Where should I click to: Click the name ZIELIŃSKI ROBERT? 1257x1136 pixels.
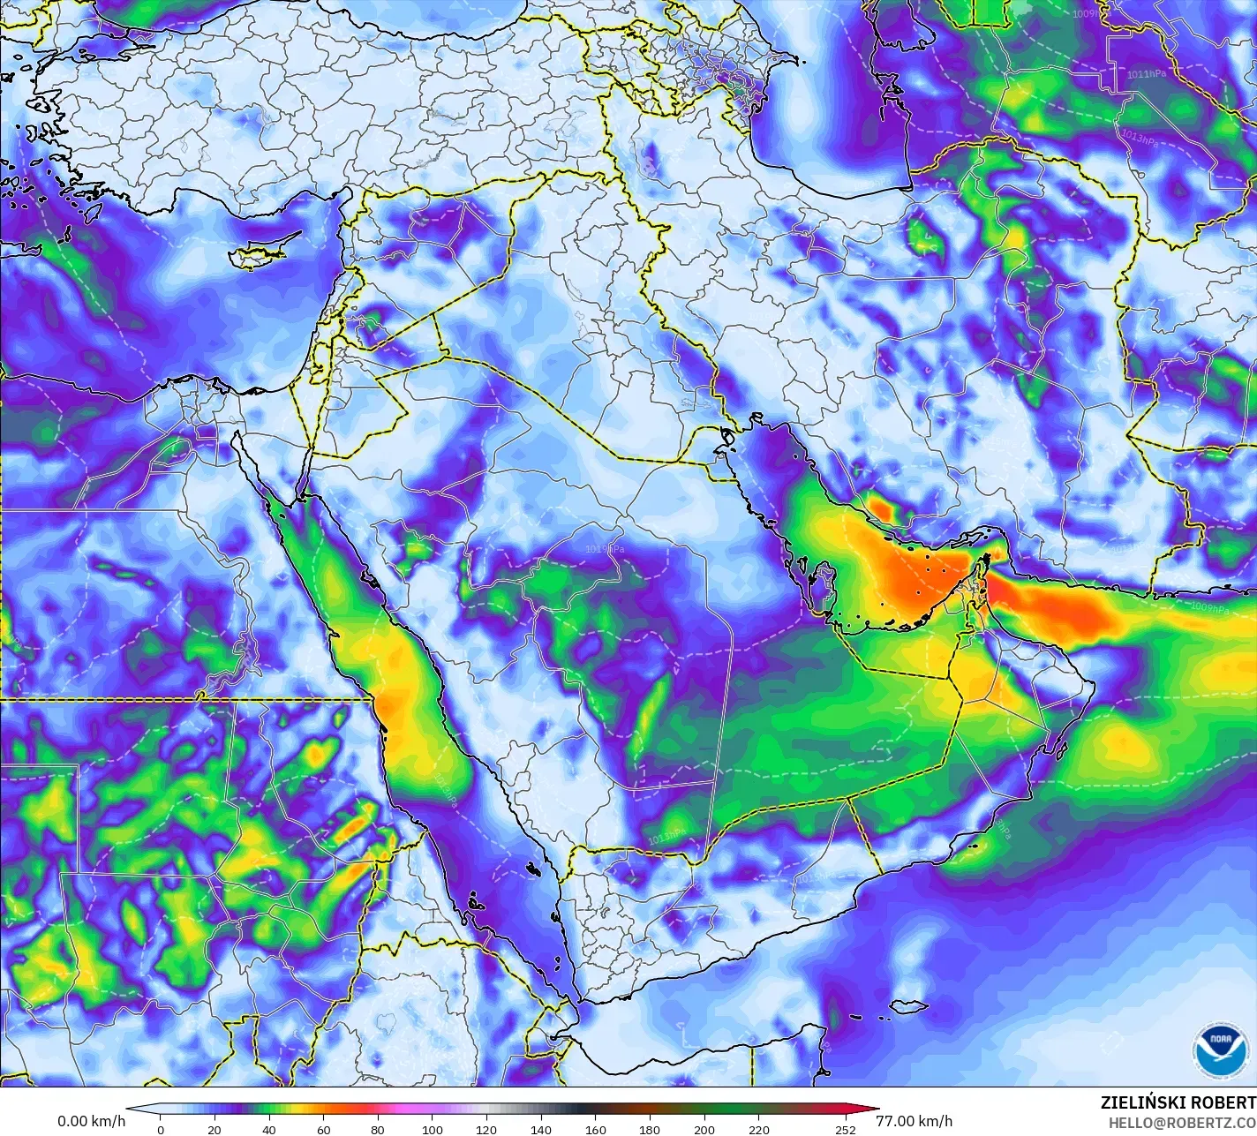pyautogui.click(x=1178, y=1102)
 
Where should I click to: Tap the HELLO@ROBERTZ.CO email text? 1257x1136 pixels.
pyautogui.click(x=1183, y=1122)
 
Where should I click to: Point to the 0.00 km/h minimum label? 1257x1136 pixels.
pyautogui.click(x=92, y=1121)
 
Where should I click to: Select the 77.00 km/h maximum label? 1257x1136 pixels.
pyautogui.click(x=914, y=1121)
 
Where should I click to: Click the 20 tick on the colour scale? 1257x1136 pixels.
pyautogui.click(x=215, y=1129)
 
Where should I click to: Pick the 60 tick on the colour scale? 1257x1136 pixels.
pyautogui.click(x=323, y=1129)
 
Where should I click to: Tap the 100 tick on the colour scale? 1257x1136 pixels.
pyautogui.click(x=432, y=1129)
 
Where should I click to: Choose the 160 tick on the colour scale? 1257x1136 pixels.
pyautogui.click(x=595, y=1129)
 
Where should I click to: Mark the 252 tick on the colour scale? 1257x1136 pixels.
pyautogui.click(x=846, y=1129)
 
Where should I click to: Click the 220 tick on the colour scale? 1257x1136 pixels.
pyautogui.click(x=758, y=1129)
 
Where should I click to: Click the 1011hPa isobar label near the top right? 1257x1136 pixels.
pyautogui.click(x=1146, y=74)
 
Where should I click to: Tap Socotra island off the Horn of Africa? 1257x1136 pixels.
pyautogui.click(x=907, y=1006)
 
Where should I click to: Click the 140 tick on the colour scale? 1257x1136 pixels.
pyautogui.click(x=541, y=1129)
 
